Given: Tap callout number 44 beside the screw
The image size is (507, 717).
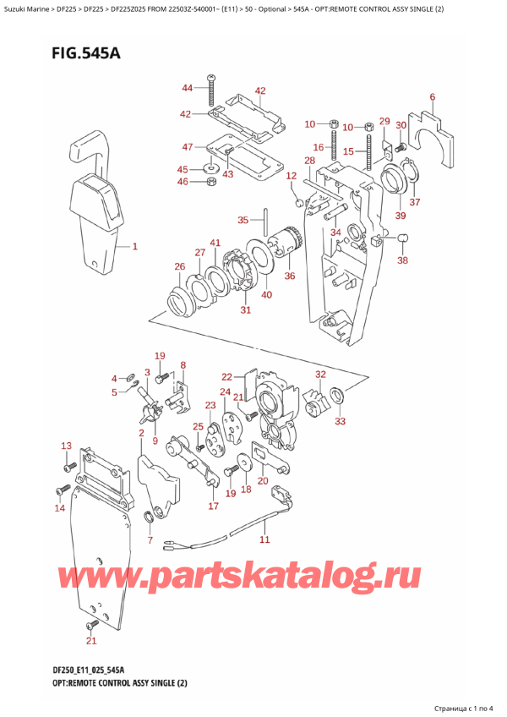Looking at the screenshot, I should [x=188, y=88].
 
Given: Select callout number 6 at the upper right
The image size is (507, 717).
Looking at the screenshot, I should [x=432, y=97].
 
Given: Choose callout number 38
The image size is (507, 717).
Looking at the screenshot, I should [x=402, y=260].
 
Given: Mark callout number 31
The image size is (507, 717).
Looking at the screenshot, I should [x=246, y=309].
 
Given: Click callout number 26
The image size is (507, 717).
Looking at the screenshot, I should [x=179, y=267].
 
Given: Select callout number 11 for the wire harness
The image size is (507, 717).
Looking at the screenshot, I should [x=264, y=539].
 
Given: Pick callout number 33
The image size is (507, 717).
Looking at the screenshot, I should [x=341, y=420].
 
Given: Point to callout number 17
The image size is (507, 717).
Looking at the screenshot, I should [x=214, y=506].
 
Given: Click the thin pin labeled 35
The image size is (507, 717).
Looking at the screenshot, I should [x=265, y=222].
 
